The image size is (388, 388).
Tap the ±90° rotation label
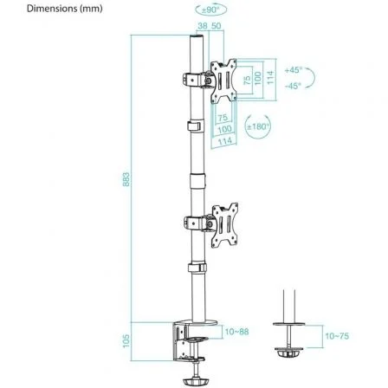point(210,10)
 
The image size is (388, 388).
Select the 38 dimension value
point(202,26)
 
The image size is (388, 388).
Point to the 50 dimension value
point(216,26)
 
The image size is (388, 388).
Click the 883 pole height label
point(127,178)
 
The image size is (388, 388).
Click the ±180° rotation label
point(257,126)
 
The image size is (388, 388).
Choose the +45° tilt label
point(293,68)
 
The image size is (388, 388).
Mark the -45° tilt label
point(293,86)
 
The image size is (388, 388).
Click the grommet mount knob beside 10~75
point(288,353)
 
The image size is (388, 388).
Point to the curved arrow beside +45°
point(311,77)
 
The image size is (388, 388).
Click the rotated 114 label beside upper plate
point(268,79)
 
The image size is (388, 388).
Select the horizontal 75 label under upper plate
point(221,117)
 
